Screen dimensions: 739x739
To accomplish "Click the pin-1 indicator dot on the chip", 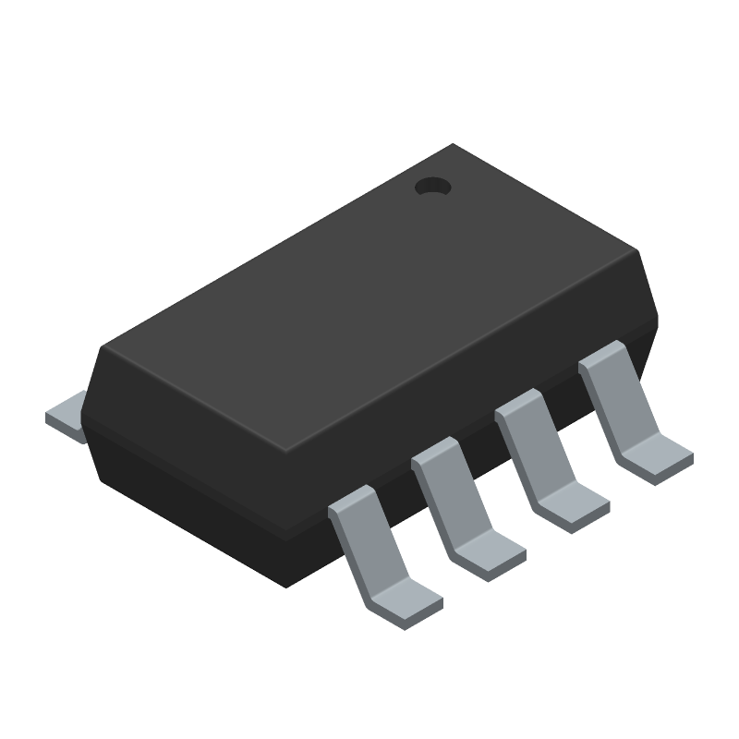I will tap(431, 187).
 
